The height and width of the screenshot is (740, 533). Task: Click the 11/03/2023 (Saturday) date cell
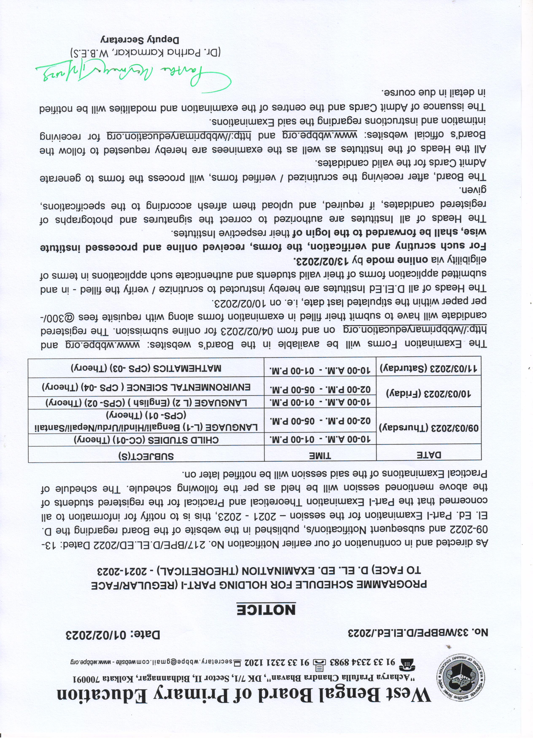429,368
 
